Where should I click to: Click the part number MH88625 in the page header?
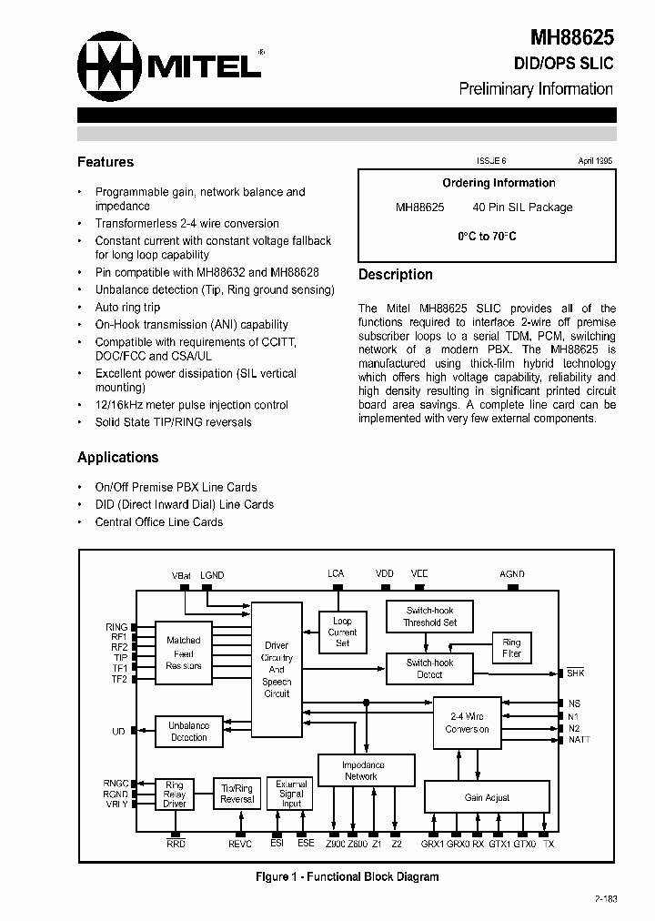(x=572, y=37)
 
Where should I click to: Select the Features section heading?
(x=106, y=162)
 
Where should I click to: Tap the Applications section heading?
(x=117, y=457)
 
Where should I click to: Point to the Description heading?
(x=395, y=274)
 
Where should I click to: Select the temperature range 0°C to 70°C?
(x=487, y=236)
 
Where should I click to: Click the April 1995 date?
(x=595, y=160)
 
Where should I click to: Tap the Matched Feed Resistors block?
(x=184, y=653)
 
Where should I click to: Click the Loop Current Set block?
(x=342, y=632)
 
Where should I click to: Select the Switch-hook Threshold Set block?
(x=429, y=616)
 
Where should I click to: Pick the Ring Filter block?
(x=511, y=648)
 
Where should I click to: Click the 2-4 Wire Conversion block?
(x=467, y=723)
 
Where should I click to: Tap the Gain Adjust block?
(x=487, y=797)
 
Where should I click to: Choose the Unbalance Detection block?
(x=189, y=731)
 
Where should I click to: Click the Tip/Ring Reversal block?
(x=237, y=793)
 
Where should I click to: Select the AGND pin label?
(x=512, y=574)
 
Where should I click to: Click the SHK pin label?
(x=575, y=673)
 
